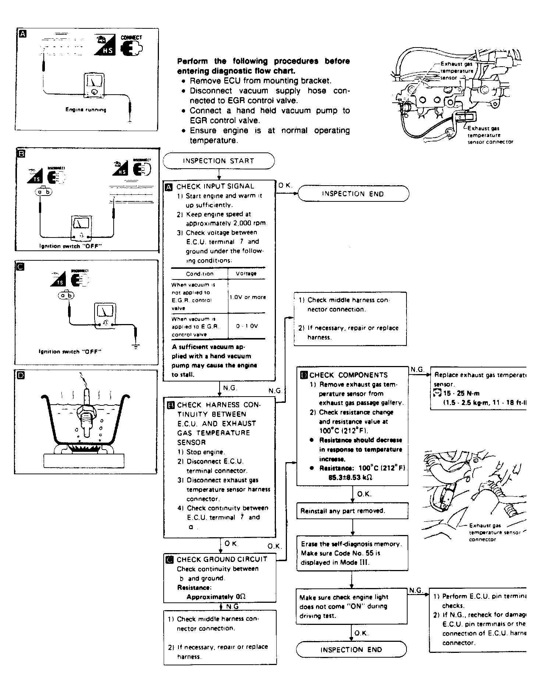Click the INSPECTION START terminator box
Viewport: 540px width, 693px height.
[x=219, y=161]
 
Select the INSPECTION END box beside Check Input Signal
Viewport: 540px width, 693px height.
[x=353, y=194]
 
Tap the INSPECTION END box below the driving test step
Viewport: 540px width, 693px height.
[x=351, y=650]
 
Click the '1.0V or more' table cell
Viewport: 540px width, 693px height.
[x=247, y=297]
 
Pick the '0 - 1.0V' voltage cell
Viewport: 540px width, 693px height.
[x=247, y=326]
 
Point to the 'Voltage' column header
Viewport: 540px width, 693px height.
[x=246, y=274]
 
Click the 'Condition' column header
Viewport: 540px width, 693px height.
[x=199, y=274]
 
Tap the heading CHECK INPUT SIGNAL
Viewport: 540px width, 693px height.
[x=215, y=186]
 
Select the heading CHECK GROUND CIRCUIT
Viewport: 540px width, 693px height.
[x=222, y=559]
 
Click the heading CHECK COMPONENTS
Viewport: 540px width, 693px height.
[x=348, y=375]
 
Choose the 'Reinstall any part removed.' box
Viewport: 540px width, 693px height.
[x=342, y=511]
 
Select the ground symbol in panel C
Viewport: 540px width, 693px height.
[x=136, y=346]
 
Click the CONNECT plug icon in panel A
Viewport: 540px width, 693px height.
[x=132, y=48]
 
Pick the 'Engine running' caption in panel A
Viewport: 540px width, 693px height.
[x=86, y=110]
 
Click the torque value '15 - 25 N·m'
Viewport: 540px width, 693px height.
[x=461, y=393]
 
